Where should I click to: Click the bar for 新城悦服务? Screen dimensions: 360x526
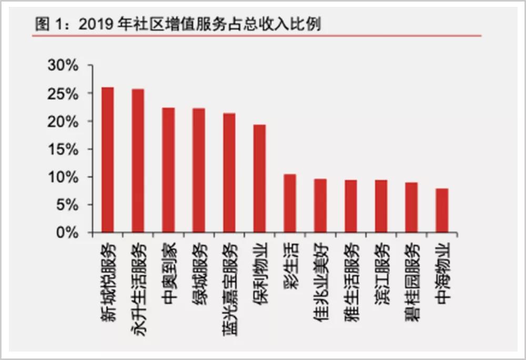pyautogui.click(x=107, y=160)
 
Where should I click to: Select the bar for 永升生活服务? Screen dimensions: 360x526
pyautogui.click(x=138, y=161)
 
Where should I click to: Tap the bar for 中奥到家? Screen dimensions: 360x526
pyautogui.click(x=168, y=170)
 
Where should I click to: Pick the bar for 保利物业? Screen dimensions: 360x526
pyautogui.click(x=260, y=178)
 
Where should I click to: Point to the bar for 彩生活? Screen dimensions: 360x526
pyautogui.click(x=290, y=203)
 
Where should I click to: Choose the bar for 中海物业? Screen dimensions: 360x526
pyautogui.click(x=442, y=210)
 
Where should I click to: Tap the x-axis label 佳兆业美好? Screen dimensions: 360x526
pyautogui.click(x=320, y=276)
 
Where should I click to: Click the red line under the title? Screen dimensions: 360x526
pyautogui.click(x=258, y=36)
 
